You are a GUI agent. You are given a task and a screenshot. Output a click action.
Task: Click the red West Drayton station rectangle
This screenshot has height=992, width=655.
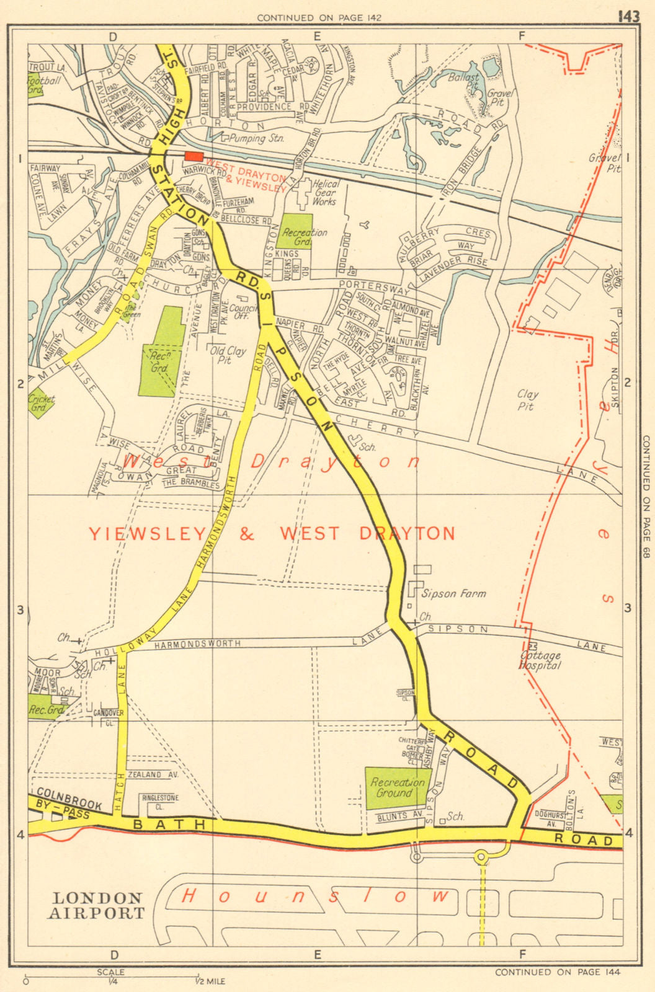(194, 157)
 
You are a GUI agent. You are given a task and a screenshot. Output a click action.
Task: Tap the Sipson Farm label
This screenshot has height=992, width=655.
(453, 593)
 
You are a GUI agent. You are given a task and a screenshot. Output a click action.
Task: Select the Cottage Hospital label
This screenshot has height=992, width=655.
(540, 660)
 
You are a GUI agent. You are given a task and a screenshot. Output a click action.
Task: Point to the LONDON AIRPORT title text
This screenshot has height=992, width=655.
(97, 905)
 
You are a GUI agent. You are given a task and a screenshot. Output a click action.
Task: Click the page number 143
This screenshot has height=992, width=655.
(628, 17)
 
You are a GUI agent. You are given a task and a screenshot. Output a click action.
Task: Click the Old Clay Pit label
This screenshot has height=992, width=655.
(228, 355)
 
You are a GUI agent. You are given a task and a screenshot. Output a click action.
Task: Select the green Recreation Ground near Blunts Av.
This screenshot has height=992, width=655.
(398, 787)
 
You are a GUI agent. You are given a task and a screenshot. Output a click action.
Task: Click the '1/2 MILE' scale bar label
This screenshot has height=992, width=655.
(210, 981)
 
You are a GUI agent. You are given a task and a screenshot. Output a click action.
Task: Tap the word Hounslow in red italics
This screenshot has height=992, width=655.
(314, 895)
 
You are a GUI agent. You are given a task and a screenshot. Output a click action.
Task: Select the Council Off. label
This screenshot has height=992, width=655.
(243, 311)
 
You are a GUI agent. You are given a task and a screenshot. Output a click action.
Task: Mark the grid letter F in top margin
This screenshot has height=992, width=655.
(522, 36)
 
